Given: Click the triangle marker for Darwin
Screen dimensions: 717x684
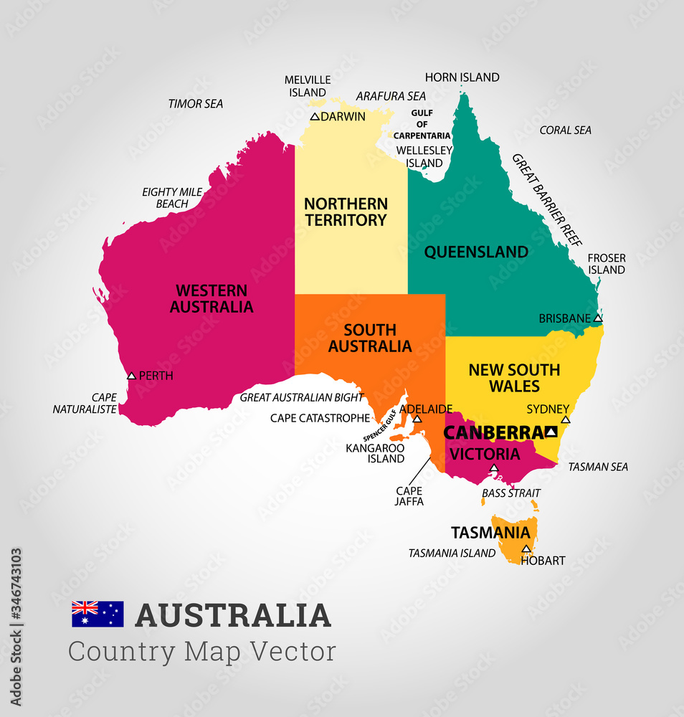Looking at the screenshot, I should coord(315,116).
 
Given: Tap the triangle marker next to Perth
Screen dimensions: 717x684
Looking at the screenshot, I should coord(131,375).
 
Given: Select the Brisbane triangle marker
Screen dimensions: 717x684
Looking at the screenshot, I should coord(598,318).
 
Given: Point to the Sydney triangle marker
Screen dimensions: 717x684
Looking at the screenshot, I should coord(565,419).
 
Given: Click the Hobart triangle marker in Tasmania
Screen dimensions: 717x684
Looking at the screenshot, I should coord(526,549).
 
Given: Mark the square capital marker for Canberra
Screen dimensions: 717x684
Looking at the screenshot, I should coord(551,432).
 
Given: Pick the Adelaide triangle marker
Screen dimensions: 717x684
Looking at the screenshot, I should coord(417,418).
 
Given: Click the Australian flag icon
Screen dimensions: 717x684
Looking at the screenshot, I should coord(98,614).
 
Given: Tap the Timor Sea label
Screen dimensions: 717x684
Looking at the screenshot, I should coord(196,104).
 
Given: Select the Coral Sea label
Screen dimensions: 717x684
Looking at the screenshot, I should coord(566,130).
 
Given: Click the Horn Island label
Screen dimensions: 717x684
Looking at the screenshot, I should coord(462,77).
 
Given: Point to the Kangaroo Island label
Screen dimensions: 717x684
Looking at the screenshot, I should coord(375,453).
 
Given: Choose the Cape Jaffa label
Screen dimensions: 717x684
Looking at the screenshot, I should coord(409,496).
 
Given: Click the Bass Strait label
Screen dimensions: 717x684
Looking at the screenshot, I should coord(511,493).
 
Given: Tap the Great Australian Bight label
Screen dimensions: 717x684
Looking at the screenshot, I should coord(302,397).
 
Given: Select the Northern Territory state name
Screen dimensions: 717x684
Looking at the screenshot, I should coord(346,212).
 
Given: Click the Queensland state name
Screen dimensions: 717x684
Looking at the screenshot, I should coord(476,252).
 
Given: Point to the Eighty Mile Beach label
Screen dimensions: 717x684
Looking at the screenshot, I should coord(172,198).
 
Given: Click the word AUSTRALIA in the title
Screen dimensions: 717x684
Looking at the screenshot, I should coord(233,616).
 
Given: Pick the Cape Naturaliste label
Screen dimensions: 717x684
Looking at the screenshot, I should coord(85,403).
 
